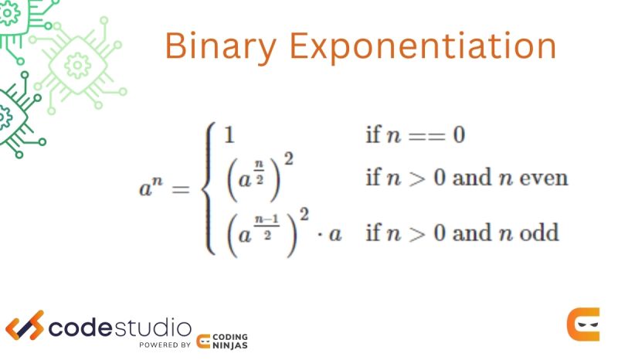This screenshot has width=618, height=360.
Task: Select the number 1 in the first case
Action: point(229,136)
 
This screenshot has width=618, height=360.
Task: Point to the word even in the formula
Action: point(545,178)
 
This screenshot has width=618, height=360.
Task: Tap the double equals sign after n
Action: point(421,137)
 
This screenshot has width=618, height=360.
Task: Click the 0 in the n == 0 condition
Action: point(458,136)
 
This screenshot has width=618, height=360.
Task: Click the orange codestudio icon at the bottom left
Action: point(25,325)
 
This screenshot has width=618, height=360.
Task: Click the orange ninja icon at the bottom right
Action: point(582,324)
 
